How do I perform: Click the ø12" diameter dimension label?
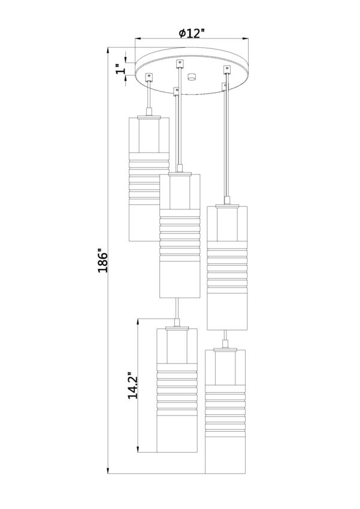point(192,33)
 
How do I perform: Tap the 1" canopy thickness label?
point(120,69)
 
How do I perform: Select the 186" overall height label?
point(102,260)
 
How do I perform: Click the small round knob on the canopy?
point(192,77)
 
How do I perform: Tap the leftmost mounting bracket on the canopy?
point(149,77)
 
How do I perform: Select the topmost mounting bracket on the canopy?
point(179,63)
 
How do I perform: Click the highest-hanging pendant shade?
point(149,178)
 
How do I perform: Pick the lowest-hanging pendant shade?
point(225,411)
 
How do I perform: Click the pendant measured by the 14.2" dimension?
point(177,390)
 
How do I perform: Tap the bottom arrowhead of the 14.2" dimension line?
point(138,449)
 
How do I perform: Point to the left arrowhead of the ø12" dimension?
point(138,39)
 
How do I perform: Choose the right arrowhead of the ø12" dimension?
point(246,39)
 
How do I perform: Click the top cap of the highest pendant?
point(149,116)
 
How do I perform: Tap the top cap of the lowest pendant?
point(225,349)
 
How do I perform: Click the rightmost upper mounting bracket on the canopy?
point(226,69)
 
